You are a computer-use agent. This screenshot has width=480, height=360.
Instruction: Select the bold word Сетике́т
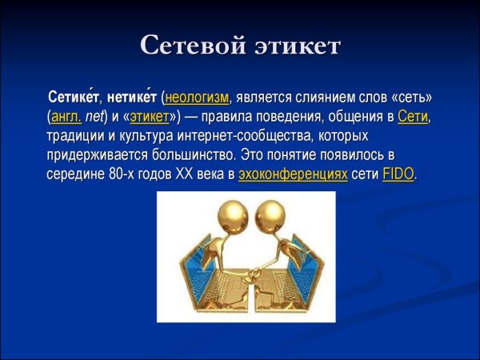[74, 98]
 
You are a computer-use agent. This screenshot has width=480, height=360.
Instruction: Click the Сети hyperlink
[414, 117]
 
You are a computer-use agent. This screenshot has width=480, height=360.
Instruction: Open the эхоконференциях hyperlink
[293, 174]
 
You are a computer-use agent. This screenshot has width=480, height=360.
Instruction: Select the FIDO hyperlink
[398, 174]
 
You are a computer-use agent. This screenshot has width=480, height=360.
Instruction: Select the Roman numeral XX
[186, 174]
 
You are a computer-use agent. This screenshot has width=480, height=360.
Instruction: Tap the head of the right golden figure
[266, 218]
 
